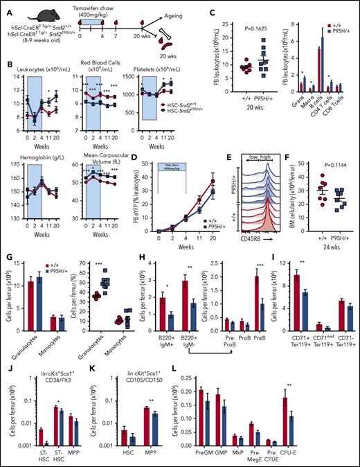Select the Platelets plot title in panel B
pos(151,71)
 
